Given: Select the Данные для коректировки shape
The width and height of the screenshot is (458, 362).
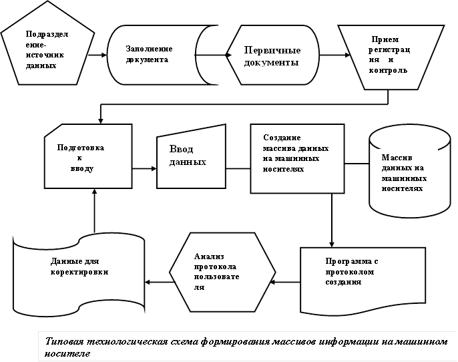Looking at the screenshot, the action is (79, 274).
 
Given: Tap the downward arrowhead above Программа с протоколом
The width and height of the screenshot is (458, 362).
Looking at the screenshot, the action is (332, 244).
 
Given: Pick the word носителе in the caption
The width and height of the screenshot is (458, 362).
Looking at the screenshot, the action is (66, 353).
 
